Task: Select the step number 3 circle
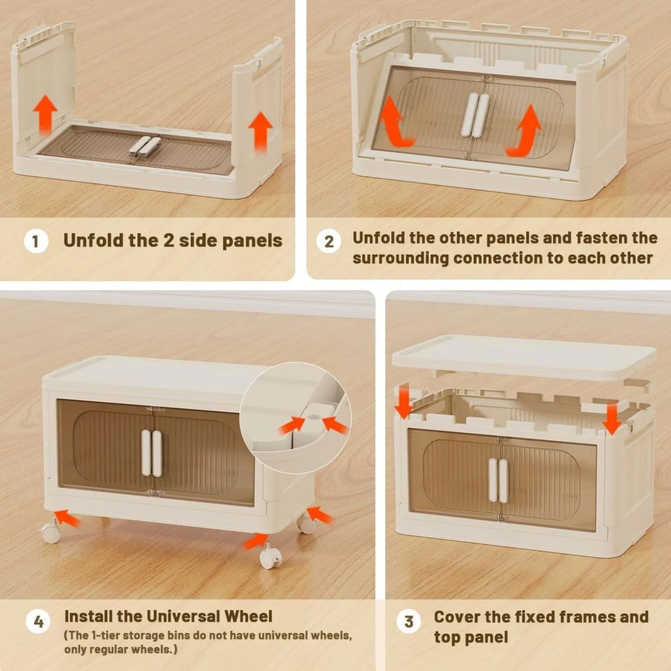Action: [409, 621]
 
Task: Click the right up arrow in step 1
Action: [260, 131]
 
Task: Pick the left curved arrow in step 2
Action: [395, 121]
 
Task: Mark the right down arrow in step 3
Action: [612, 418]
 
